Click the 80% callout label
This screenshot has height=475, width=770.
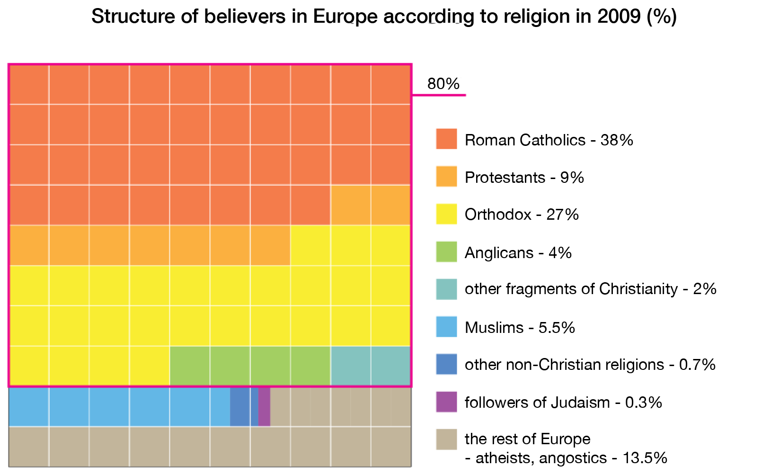coord(443,84)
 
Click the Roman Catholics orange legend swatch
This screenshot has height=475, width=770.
coord(446,139)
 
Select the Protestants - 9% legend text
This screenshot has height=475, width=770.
coord(524,178)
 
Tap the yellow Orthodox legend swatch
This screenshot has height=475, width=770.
coord(446,214)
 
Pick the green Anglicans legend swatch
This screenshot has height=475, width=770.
coord(446,252)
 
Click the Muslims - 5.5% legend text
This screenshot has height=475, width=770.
coord(519,327)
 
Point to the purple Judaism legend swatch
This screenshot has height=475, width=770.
coord(446,402)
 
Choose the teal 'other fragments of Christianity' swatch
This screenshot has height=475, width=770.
coord(446,289)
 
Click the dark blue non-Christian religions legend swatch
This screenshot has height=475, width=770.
coord(446,364)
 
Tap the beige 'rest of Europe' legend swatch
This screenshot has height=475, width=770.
coord(446,439)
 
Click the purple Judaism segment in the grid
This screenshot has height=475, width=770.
coord(264,406)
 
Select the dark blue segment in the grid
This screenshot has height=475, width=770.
coord(244,406)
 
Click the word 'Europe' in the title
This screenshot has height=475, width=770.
coord(345,17)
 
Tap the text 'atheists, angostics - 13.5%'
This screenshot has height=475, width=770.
coord(566,458)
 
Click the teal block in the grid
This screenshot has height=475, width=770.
coord(370,366)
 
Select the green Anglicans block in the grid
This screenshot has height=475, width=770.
coord(249,366)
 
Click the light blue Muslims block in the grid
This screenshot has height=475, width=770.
coord(118,406)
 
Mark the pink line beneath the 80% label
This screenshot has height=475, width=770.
coord(439,95)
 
